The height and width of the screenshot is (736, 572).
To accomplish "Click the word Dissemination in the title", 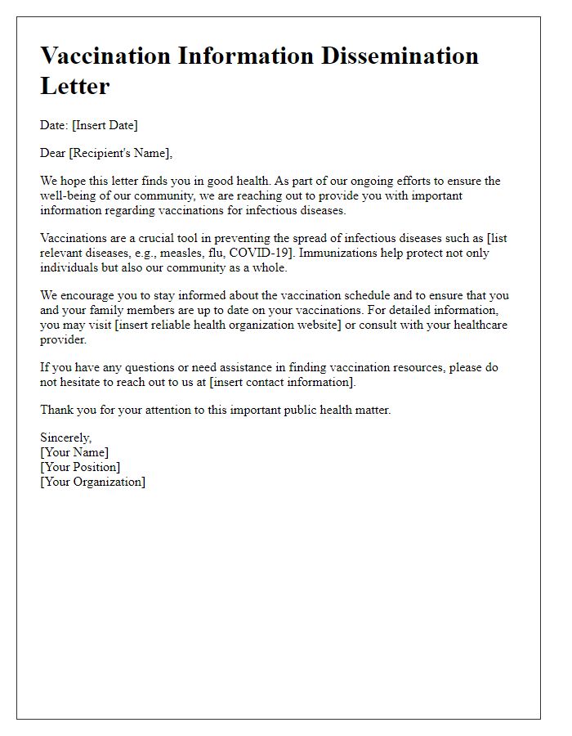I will pyautogui.click(x=393, y=56).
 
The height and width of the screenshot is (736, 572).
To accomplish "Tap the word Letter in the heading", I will pyautogui.click(x=75, y=84).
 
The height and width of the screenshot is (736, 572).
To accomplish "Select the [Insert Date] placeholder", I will pyautogui.click(x=105, y=125).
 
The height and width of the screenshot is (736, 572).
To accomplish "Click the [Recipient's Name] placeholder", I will pyautogui.click(x=123, y=153).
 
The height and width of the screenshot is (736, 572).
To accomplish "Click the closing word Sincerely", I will pyautogui.click(x=65, y=438).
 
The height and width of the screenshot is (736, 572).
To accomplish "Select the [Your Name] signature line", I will pyautogui.click(x=74, y=452).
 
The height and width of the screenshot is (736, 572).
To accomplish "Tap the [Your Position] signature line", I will pyautogui.click(x=80, y=467).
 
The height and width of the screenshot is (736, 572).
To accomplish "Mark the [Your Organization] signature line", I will pyautogui.click(x=92, y=482).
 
